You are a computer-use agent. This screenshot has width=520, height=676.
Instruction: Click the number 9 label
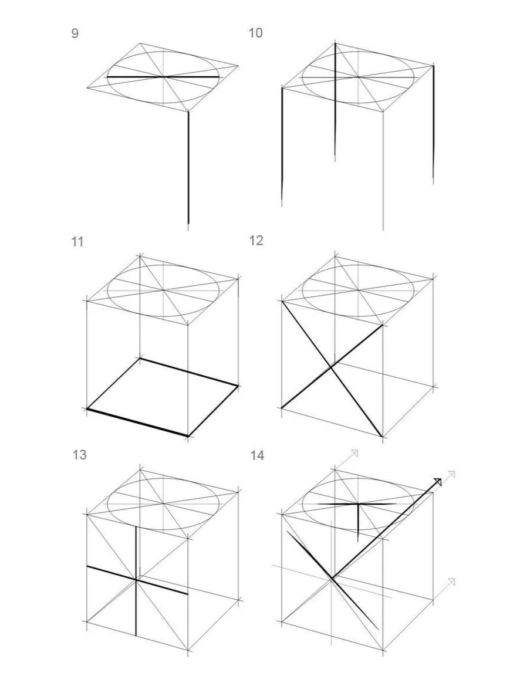click(75, 33)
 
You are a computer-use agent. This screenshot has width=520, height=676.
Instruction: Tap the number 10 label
click(255, 33)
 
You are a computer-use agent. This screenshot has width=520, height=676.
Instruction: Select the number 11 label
click(77, 242)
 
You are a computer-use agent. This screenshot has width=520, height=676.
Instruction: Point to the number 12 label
click(256, 241)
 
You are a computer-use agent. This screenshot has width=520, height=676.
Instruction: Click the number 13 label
click(80, 455)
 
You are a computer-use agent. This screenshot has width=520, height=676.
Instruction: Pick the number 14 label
click(257, 455)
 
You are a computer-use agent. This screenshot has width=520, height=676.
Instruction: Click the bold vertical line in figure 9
click(188, 168)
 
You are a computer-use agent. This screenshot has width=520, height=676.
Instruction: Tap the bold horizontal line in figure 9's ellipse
click(163, 77)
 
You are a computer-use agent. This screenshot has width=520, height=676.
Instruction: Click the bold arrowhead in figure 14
click(437, 482)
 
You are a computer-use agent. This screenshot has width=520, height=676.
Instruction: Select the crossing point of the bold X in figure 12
click(331, 367)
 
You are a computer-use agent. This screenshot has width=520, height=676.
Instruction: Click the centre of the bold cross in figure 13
click(136, 580)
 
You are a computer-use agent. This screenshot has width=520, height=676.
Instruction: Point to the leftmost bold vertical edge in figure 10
click(282, 144)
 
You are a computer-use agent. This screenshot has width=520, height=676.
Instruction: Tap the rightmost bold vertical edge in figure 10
click(433, 122)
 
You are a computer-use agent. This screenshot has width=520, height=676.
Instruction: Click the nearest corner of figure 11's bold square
click(188, 436)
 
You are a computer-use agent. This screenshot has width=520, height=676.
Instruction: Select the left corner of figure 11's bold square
click(87, 408)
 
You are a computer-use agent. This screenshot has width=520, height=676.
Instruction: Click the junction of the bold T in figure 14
click(358, 504)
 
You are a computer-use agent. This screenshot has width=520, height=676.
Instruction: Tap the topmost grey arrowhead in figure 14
click(354, 452)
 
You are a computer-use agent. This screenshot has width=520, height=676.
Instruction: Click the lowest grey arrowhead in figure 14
click(451, 582)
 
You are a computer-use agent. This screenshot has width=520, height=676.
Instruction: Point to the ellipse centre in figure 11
click(163, 290)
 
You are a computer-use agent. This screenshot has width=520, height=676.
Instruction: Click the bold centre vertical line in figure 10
click(335, 102)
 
